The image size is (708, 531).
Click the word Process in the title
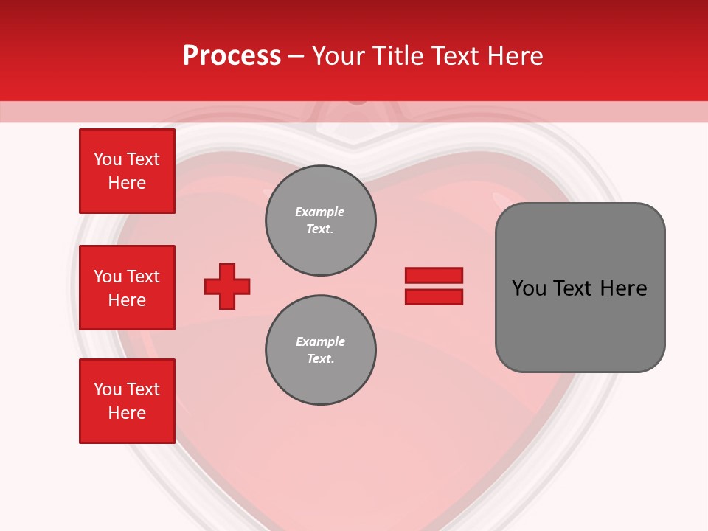pyautogui.click(x=232, y=56)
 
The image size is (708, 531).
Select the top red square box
pyautogui.click(x=127, y=171)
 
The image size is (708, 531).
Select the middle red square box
pyautogui.click(x=127, y=288)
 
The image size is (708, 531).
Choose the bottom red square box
pyautogui.click(x=127, y=401)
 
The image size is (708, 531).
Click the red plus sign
pyautogui.click(x=227, y=286)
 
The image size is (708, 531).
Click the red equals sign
pyautogui.click(x=434, y=286)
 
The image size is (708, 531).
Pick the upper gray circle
pyautogui.click(x=321, y=221)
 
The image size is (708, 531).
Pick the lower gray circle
pyautogui.click(x=321, y=350)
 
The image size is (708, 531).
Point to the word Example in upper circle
pyautogui.click(x=320, y=212)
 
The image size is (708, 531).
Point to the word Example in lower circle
pyautogui.click(x=320, y=341)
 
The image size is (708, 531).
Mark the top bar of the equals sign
pyautogui.click(x=434, y=275)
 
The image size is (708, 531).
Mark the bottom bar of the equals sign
pyautogui.click(x=434, y=296)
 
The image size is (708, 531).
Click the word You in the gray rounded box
pyautogui.click(x=529, y=288)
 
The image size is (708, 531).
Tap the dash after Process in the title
pyautogui.click(x=296, y=56)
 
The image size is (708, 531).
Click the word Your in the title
pyautogui.click(x=339, y=56)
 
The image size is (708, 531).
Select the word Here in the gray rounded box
pyautogui.click(x=624, y=288)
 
